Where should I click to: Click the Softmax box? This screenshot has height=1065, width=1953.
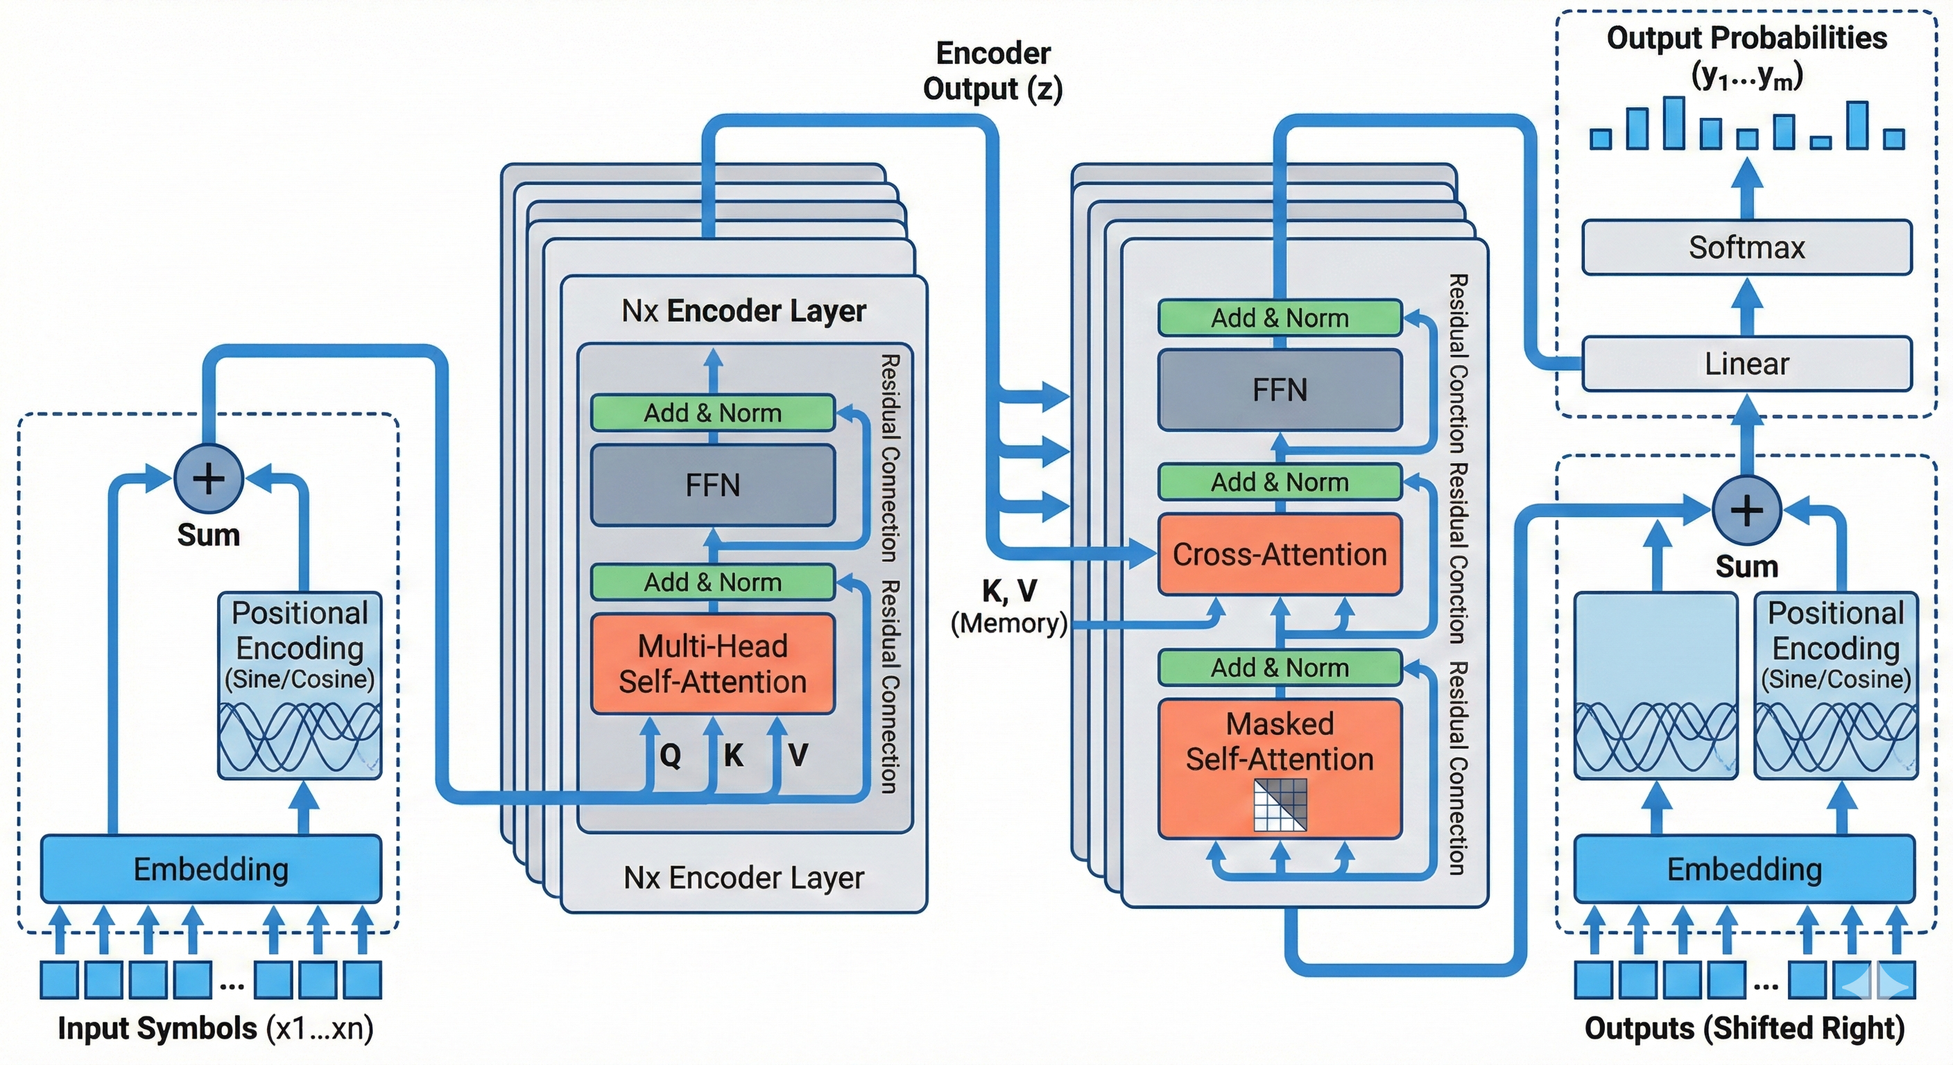[1746, 247]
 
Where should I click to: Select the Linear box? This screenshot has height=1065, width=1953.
[1746, 364]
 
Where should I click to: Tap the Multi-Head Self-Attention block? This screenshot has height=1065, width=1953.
[713, 664]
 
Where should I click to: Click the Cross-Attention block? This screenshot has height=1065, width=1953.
[1280, 554]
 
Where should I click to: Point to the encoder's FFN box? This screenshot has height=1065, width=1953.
[713, 485]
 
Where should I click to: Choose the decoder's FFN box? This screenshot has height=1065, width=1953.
[1280, 390]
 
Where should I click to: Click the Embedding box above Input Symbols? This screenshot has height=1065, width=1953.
[211, 869]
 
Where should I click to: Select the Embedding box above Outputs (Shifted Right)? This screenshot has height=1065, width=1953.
[1744, 869]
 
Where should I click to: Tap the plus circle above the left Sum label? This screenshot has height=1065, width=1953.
[209, 478]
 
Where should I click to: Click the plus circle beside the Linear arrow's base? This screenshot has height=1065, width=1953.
[1747, 510]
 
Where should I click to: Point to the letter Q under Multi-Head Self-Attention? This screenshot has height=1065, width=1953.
[670, 755]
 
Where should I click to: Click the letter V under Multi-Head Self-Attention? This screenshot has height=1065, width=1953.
[798, 755]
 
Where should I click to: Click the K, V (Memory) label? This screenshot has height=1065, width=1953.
[1009, 607]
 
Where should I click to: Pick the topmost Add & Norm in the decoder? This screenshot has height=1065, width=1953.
[1280, 318]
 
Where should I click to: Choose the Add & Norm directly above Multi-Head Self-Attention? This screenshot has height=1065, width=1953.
[713, 582]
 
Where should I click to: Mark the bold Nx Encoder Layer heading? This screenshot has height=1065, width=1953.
[743, 311]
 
